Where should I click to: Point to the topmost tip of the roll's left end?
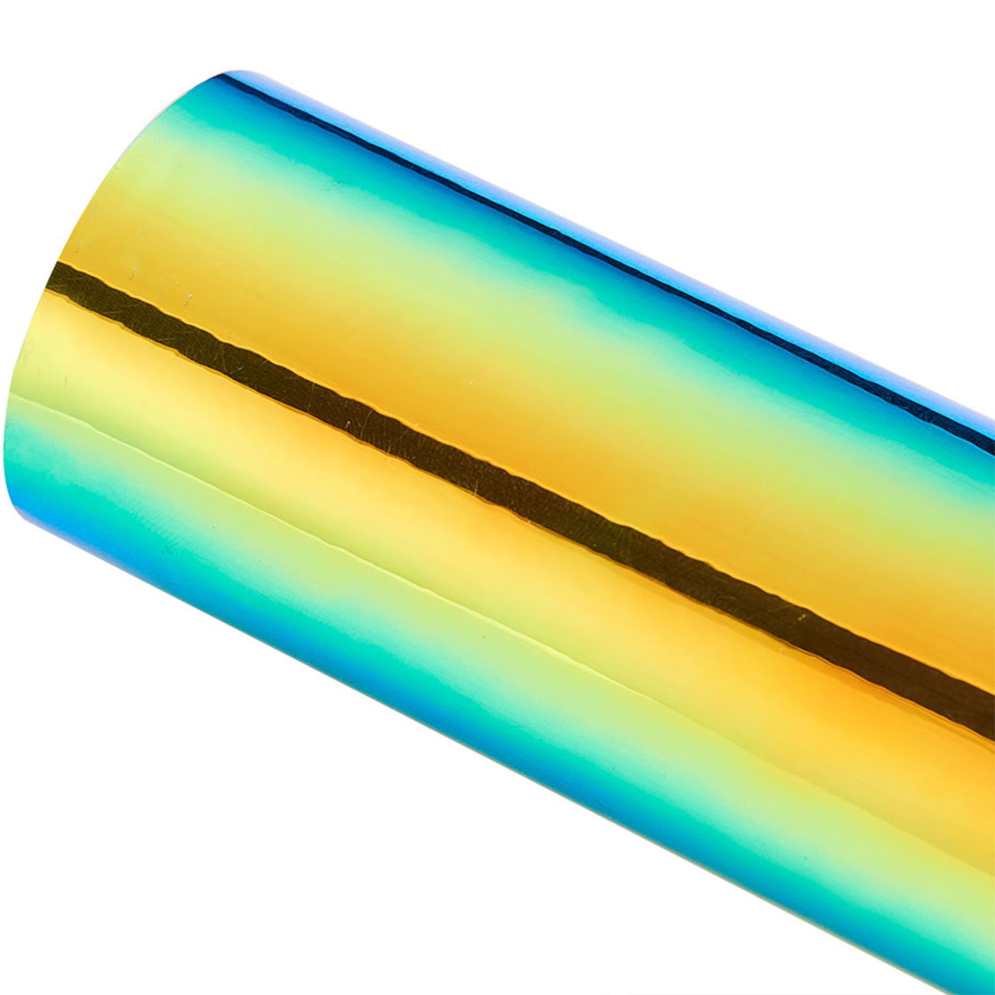[x=235, y=72]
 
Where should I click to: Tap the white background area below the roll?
[x=313, y=846]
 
